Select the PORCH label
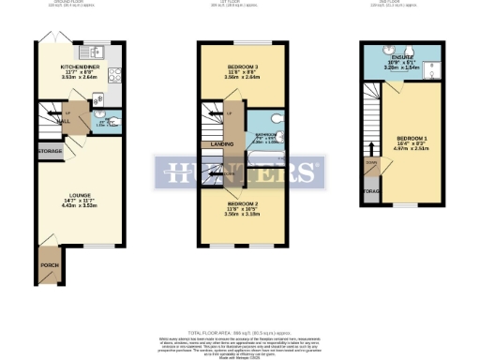click(49, 265)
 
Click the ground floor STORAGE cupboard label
click(50, 151)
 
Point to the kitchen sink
click(97, 52)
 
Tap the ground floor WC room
click(107, 122)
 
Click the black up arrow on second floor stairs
click(371, 147)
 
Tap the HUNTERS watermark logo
click(239, 173)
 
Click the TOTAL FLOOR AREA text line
click(240, 333)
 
